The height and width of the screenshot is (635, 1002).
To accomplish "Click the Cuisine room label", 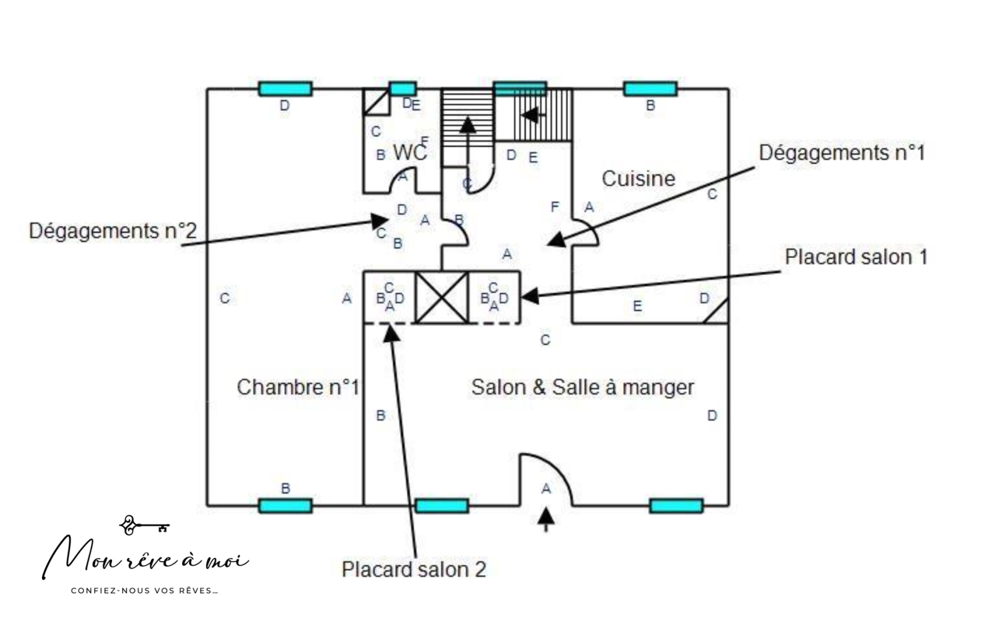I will [638, 179].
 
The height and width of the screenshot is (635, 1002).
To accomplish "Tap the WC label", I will [410, 152].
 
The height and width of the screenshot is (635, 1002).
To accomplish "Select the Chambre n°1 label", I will [297, 387].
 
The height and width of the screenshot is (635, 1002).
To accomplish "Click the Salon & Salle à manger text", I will [582, 387].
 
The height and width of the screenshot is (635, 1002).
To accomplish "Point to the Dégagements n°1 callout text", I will [842, 153].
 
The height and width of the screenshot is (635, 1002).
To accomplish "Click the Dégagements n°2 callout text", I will [113, 231].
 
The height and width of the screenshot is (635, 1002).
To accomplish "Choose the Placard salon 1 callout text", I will [855, 257].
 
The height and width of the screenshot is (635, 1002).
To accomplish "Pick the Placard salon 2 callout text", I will [413, 569].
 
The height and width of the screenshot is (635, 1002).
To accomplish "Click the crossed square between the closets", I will [442, 297].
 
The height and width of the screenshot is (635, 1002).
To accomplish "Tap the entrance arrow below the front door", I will [546, 518].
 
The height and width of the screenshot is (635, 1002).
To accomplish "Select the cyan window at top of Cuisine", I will [650, 89].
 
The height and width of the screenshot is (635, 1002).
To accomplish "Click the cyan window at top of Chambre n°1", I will [285, 89].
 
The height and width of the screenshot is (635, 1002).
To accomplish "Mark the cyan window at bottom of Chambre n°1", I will [285, 505].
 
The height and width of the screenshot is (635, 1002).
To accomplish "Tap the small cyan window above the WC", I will [402, 88].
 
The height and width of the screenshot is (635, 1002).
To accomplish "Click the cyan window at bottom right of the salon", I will [676, 505].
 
